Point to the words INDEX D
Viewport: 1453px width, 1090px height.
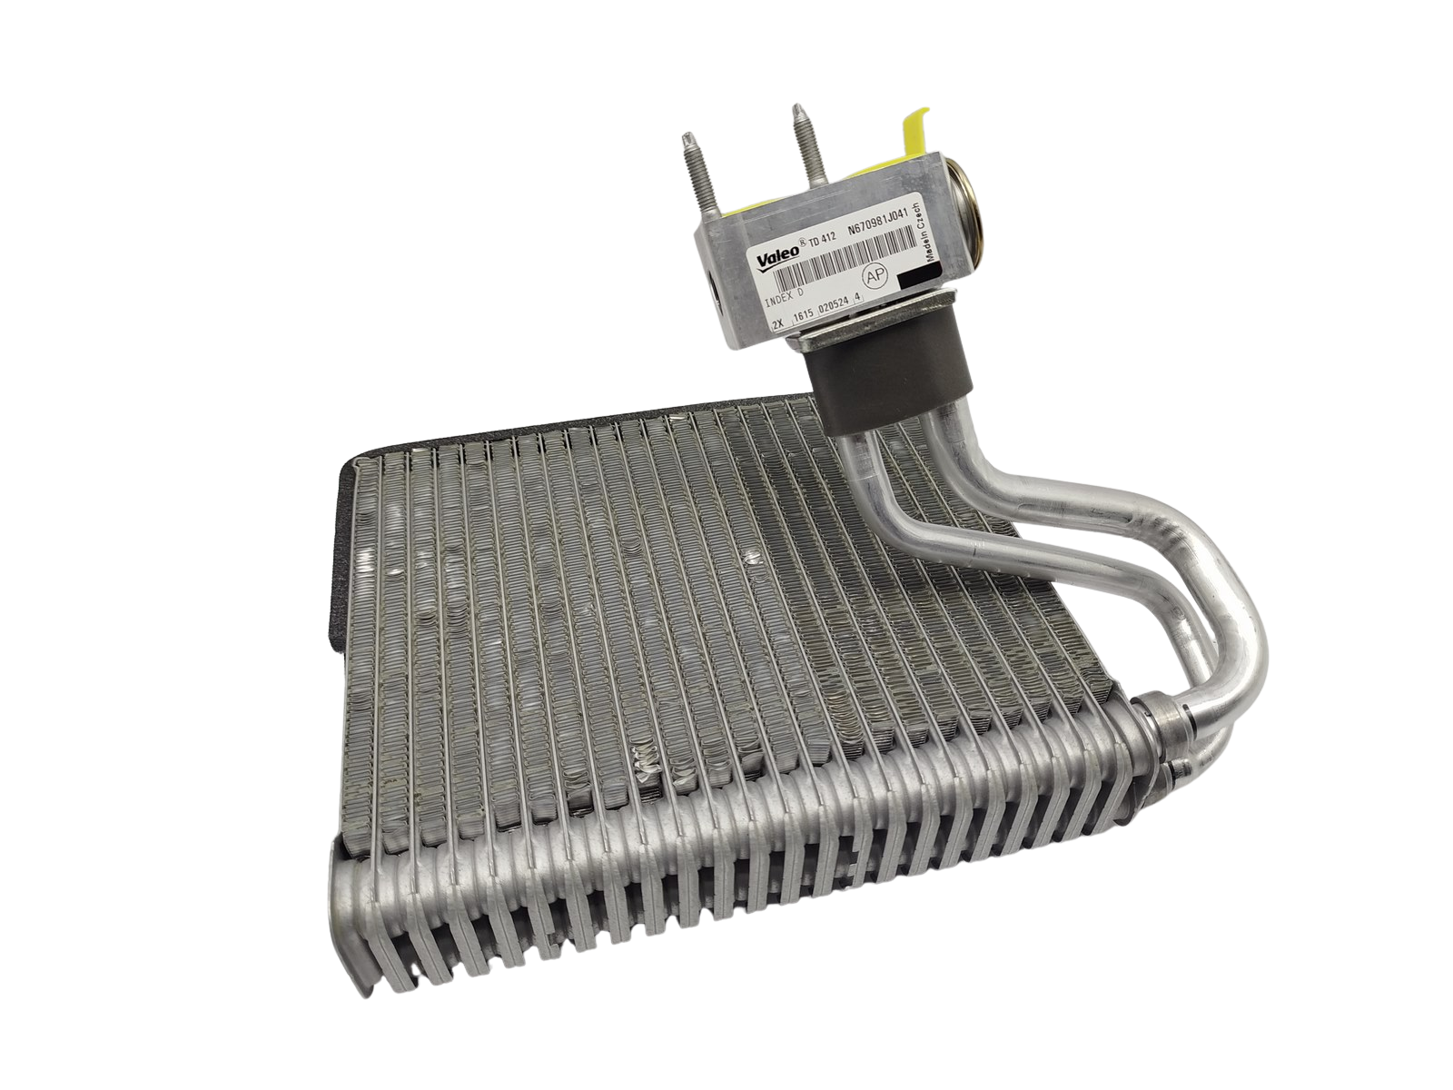pyautogui.click(x=786, y=295)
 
